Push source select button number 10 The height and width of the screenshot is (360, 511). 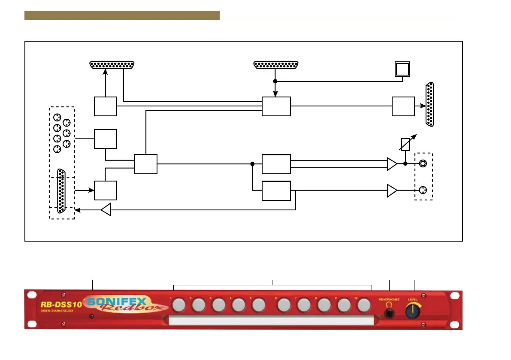coord(363,305)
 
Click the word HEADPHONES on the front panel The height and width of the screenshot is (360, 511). coord(389,299)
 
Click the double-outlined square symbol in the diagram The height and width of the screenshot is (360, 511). coord(403,69)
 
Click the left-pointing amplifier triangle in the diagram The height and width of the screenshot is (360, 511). coord(106,210)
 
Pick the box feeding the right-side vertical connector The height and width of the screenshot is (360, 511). coord(403,106)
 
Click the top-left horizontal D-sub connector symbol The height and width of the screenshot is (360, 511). coord(112,65)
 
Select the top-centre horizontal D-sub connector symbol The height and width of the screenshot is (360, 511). coord(277,65)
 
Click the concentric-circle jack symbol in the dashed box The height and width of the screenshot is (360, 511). coord(423,163)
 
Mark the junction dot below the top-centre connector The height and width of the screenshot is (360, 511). coord(275,81)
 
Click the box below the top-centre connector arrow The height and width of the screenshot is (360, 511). coord(276,106)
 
